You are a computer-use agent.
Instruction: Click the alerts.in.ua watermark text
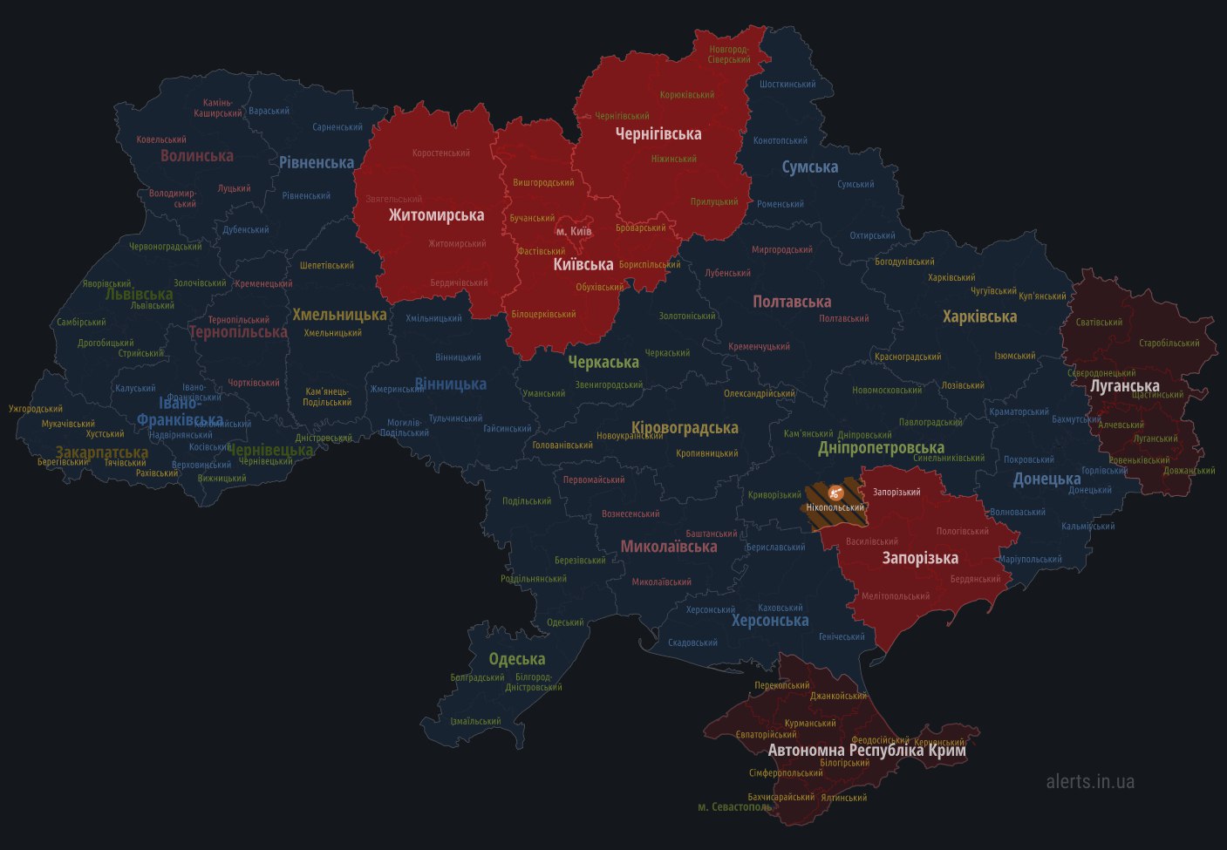pos(1090,781)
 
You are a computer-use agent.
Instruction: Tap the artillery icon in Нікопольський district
pos(835,493)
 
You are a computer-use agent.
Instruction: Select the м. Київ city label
pos(574,231)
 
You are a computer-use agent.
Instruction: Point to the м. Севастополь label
pos(734,806)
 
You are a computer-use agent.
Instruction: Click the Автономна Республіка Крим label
pos(866,750)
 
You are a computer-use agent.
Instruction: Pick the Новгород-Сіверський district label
pos(729,54)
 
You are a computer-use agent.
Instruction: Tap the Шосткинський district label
pos(787,85)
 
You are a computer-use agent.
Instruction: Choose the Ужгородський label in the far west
pos(36,408)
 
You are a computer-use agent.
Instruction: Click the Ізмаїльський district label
pos(475,721)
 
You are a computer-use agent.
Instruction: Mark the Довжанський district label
pos(1189,471)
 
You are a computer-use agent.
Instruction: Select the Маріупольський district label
pos(1030,560)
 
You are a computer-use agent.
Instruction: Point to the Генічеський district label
pos(842,636)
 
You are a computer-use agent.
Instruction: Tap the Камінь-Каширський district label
pos(218,107)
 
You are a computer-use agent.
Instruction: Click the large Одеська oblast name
pos(516,659)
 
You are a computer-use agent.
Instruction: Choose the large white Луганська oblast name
pos(1125,385)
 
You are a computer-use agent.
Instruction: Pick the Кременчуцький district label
pos(759,347)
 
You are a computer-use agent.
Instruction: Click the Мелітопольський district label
pos(896,596)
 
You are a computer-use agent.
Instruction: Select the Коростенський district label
pos(440,153)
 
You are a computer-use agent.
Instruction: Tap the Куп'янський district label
pos(1041,296)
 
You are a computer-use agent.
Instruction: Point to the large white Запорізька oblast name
pos(919,558)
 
